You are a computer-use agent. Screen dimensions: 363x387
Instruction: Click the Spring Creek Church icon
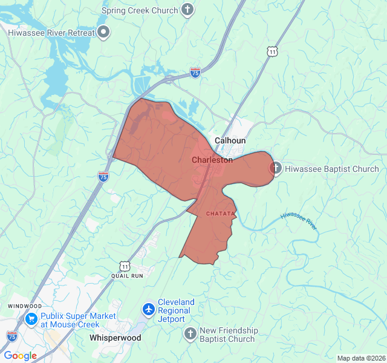click(188, 10)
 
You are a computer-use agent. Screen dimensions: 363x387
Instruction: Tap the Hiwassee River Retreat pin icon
click(103, 33)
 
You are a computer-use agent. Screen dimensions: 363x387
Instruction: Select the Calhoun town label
click(230, 140)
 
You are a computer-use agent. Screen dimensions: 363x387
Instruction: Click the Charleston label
click(212, 160)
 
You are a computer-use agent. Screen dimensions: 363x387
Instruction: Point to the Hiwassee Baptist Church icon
click(276, 169)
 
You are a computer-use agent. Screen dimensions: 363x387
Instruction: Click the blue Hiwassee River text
click(299, 221)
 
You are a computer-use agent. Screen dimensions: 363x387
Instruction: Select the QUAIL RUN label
click(127, 276)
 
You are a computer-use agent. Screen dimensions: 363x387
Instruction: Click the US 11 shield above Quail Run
click(125, 266)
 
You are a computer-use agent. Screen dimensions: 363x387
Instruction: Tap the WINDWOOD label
click(25, 306)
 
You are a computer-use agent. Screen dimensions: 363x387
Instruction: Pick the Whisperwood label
click(115, 338)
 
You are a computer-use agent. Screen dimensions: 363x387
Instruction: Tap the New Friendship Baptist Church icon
click(190, 334)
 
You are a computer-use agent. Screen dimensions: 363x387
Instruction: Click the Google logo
click(20, 356)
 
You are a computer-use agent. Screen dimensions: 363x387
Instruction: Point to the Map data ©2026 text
click(360, 358)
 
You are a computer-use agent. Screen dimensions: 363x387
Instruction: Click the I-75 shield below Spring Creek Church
click(195, 73)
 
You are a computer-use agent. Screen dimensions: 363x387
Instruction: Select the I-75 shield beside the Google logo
click(12, 336)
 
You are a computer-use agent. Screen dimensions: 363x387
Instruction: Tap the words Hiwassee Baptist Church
click(332, 169)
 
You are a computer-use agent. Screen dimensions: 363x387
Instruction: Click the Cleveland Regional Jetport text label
click(177, 310)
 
